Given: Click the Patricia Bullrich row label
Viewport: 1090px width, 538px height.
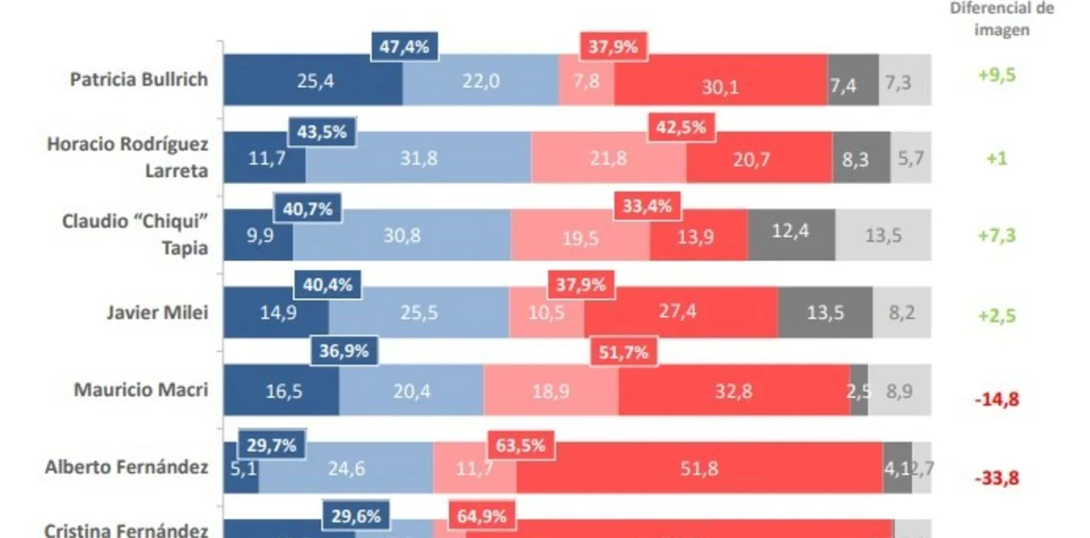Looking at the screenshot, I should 139,79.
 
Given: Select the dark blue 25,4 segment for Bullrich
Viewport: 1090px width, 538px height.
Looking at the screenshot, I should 313,82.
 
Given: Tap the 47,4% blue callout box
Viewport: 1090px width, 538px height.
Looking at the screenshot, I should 404,47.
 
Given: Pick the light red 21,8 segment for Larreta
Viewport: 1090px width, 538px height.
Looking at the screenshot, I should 609,159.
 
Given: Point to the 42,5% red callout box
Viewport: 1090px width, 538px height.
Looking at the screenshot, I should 681,128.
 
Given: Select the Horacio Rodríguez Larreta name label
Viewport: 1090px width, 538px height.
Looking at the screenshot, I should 127,157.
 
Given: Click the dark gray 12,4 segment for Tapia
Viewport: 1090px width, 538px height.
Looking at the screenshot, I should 791,235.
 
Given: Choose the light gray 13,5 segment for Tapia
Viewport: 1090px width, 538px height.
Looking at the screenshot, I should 883,235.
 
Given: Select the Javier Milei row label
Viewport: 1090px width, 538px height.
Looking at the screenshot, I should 157,313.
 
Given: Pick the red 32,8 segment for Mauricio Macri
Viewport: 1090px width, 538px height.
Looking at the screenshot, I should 734,391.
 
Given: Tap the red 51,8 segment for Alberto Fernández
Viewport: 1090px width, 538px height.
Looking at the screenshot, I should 699,469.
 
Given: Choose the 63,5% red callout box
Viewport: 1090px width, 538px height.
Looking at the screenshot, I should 521,446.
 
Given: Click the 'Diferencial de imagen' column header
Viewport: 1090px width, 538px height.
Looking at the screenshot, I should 1002,18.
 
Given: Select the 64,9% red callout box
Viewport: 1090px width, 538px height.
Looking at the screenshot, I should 482,516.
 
